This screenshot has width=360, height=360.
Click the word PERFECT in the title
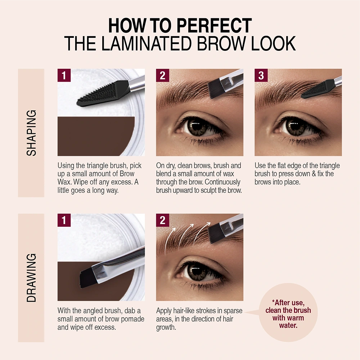click(215, 26)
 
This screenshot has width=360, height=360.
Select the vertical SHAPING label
click(31, 133)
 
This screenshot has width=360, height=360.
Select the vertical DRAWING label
click(31, 278)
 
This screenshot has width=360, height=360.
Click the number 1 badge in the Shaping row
click(64, 75)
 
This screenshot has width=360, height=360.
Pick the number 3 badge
click(261, 75)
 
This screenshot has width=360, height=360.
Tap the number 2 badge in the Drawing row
click(163, 220)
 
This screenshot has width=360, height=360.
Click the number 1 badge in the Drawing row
click(64, 220)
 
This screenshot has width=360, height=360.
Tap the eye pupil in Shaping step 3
click(295, 126)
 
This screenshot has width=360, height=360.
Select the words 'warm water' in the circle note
click(288, 321)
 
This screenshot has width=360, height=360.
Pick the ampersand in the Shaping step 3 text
click(314, 174)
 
